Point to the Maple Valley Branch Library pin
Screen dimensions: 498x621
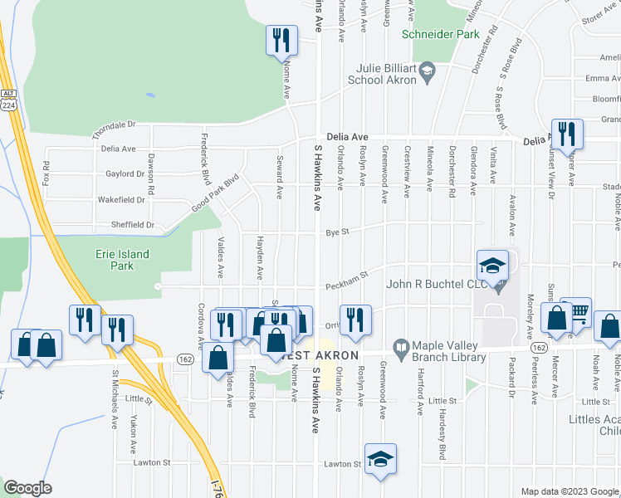point(400,345)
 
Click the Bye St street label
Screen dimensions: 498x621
point(335,232)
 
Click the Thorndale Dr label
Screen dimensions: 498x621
point(113,125)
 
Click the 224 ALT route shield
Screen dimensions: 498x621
point(8,100)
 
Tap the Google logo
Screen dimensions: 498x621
point(27,487)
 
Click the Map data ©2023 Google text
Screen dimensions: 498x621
point(569,491)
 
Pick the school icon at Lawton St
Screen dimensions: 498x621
point(380,458)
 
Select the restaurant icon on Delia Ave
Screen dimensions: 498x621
point(567,132)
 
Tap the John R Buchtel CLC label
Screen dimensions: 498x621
point(428,285)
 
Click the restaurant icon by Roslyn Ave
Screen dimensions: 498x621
point(356,319)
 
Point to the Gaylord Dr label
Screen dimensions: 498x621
point(125,173)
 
